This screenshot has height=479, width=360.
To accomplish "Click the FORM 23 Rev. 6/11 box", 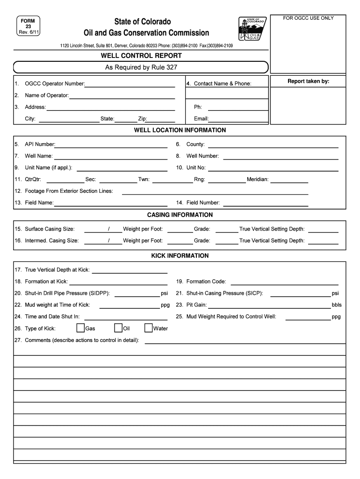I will click(28, 27).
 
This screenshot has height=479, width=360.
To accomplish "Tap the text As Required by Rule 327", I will click(141, 67).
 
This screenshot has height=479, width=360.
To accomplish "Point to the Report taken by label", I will click(308, 81).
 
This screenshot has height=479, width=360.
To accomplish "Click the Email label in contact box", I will click(201, 119).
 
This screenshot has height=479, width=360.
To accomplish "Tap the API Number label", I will click(40, 144).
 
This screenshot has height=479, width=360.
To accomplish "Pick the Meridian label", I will click(258, 179).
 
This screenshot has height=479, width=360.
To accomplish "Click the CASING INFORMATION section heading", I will click(180, 215).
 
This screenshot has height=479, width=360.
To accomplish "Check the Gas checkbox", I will click(80, 328).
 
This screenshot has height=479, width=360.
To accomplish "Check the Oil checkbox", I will click(118, 328).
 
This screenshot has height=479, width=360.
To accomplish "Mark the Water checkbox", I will click(149, 328).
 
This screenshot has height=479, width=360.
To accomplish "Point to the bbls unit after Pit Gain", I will click(337, 305).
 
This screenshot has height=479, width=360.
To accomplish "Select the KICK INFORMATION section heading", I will click(180, 256).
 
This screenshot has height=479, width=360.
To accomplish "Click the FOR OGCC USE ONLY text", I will click(308, 18).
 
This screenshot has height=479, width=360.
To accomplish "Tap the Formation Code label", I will click(206, 282).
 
